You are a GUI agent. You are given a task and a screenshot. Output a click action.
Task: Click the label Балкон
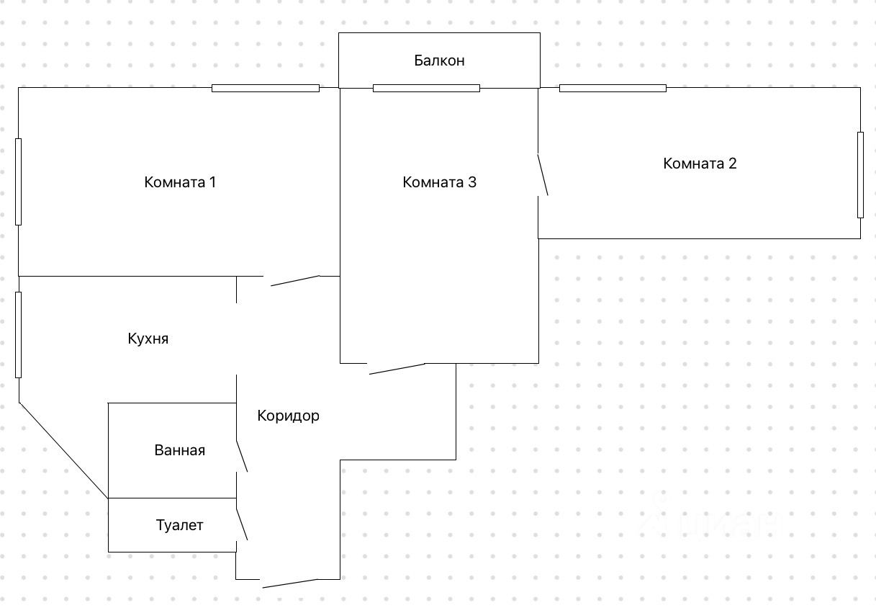(439, 61)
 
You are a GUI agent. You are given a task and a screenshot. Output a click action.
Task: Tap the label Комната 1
(180, 182)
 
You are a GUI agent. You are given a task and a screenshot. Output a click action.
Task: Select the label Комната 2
(700, 164)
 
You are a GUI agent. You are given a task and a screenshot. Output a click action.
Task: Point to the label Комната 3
(439, 182)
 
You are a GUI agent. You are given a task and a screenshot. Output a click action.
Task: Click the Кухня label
(148, 339)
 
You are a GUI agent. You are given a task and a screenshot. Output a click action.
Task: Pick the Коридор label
(288, 416)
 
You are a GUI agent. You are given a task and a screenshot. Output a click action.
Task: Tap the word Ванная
(179, 450)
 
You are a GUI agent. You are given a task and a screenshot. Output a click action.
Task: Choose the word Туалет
(179, 525)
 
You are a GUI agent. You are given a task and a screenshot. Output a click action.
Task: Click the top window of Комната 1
(265, 89)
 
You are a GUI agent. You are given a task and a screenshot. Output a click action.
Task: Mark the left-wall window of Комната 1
(19, 182)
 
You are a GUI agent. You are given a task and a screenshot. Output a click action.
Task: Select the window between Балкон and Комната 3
(426, 89)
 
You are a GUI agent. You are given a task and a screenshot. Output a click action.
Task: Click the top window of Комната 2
(613, 89)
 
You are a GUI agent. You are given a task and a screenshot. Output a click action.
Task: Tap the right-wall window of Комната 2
(859, 174)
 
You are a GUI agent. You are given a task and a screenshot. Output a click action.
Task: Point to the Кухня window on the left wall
(19, 334)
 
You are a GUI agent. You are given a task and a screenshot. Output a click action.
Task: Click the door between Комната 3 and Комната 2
(543, 174)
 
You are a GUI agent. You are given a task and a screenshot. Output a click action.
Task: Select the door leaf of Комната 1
(295, 280)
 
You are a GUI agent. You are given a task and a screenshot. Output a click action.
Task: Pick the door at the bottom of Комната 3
(397, 368)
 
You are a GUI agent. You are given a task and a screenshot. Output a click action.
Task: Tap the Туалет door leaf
(242, 524)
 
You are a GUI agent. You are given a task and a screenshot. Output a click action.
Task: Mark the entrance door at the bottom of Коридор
(289, 583)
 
